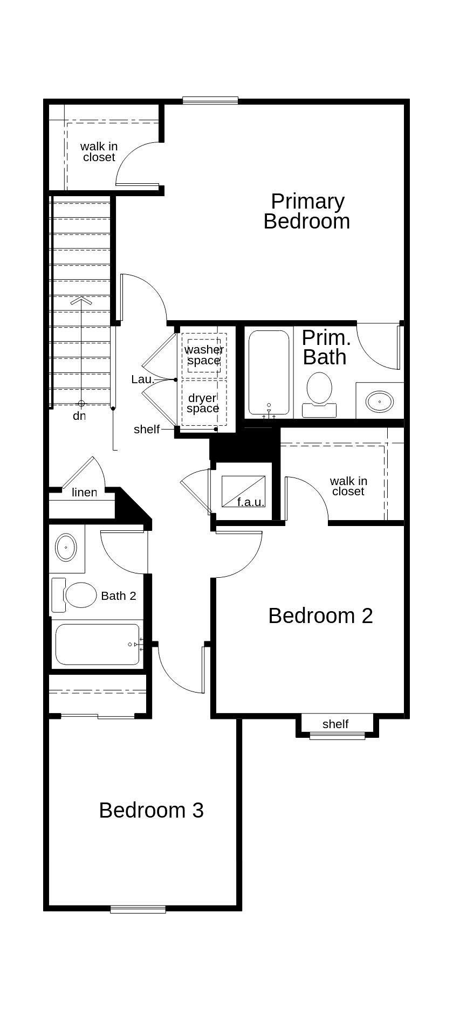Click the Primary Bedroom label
click(307, 211)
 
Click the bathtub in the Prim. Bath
click(269, 372)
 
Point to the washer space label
click(204, 355)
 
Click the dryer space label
click(203, 403)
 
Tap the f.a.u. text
click(251, 502)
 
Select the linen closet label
click(84, 492)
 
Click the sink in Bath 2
click(66, 548)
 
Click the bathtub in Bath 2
click(98, 645)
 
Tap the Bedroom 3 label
click(152, 810)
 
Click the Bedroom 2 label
click(320, 615)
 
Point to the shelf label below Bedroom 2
click(335, 724)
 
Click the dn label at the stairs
click(79, 416)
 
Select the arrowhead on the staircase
click(81, 301)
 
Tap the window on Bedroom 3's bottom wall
click(138, 909)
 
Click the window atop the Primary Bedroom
click(210, 100)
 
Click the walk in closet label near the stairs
click(99, 151)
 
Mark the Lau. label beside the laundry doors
click(143, 379)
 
